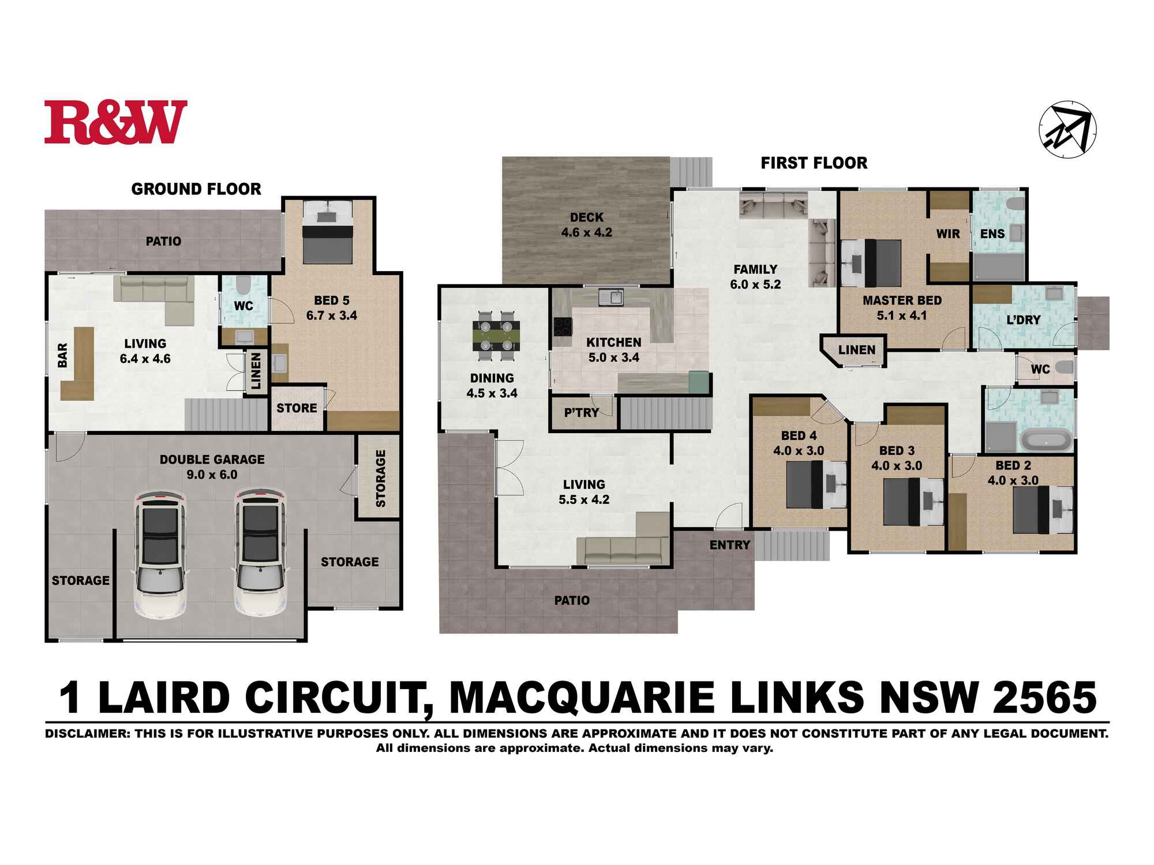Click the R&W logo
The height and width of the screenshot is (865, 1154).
[x=115, y=122]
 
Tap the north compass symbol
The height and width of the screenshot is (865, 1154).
[x=1067, y=129]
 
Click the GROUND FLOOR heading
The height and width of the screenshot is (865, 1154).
[x=196, y=189]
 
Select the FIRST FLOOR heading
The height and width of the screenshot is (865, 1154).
[x=814, y=163]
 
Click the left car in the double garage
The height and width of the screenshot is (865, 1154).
[x=160, y=554]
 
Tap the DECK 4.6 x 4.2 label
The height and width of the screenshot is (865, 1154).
[x=586, y=225]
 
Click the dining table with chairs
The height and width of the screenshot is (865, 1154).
[x=496, y=336]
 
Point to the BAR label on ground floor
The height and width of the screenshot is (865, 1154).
[x=63, y=355]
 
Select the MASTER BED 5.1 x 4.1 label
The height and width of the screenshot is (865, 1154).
[x=902, y=308]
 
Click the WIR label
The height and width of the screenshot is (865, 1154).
[x=948, y=234]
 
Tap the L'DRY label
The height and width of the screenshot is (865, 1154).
[x=1024, y=319]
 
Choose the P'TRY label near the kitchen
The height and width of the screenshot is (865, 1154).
[x=581, y=412]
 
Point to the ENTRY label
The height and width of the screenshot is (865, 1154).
[x=729, y=545]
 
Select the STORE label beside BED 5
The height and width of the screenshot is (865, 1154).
[x=297, y=408]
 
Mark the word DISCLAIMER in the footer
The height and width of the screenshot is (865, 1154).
[x=87, y=734]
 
